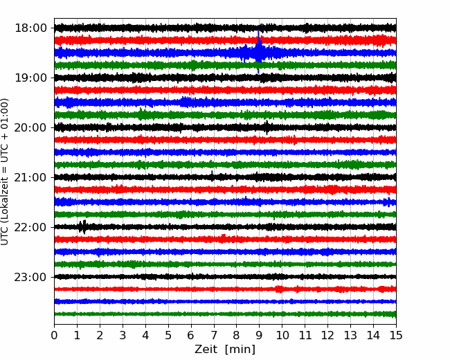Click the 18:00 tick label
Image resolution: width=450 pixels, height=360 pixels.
(30, 28)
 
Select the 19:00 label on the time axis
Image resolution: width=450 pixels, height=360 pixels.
(30, 78)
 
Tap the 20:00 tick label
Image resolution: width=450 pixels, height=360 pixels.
(30, 127)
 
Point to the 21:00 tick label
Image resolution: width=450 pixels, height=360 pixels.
(30, 177)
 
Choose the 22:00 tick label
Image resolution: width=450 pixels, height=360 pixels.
(30, 227)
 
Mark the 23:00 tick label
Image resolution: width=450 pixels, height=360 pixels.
(30, 277)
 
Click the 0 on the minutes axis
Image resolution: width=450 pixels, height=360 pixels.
(54, 335)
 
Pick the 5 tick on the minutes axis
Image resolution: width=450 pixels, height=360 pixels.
(168, 335)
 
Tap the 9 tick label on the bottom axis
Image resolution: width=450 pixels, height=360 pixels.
(259, 335)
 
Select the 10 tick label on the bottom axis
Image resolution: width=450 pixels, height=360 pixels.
(282, 335)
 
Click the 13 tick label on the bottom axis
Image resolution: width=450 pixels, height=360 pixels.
(350, 335)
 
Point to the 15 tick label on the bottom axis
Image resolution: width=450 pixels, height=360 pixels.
(396, 335)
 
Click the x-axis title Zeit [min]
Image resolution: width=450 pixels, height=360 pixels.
(225, 349)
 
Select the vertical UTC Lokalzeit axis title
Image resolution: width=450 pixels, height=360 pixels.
(5, 172)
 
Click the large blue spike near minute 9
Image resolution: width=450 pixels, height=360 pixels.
(259, 52)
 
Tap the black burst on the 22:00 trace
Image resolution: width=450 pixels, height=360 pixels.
(82, 227)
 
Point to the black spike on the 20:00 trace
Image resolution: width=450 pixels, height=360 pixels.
(267, 127)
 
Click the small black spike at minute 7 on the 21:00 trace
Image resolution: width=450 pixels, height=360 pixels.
(212, 176)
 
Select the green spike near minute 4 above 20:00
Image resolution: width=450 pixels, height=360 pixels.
(141, 114)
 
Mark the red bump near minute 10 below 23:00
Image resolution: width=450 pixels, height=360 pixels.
(279, 289)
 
